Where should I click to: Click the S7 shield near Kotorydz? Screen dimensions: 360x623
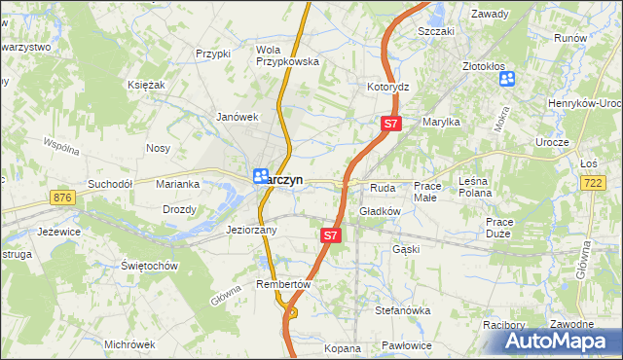tap(390, 124)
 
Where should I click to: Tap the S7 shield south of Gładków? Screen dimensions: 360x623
tap(331, 234)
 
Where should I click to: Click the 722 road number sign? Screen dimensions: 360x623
tap(592, 183)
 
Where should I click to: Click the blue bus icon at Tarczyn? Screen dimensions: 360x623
tap(261, 176)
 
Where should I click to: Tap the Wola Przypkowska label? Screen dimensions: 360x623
tap(287, 55)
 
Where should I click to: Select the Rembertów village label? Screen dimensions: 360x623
tap(282, 284)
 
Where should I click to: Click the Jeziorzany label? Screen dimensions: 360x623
tap(252, 231)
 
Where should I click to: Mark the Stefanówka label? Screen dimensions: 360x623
tap(403, 310)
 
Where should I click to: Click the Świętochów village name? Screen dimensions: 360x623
tap(148, 266)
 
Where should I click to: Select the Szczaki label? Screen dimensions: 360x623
tap(436, 31)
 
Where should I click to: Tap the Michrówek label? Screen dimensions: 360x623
tap(129, 344)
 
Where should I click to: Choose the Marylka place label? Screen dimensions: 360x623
tap(440, 122)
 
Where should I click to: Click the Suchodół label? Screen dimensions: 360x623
tap(109, 183)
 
